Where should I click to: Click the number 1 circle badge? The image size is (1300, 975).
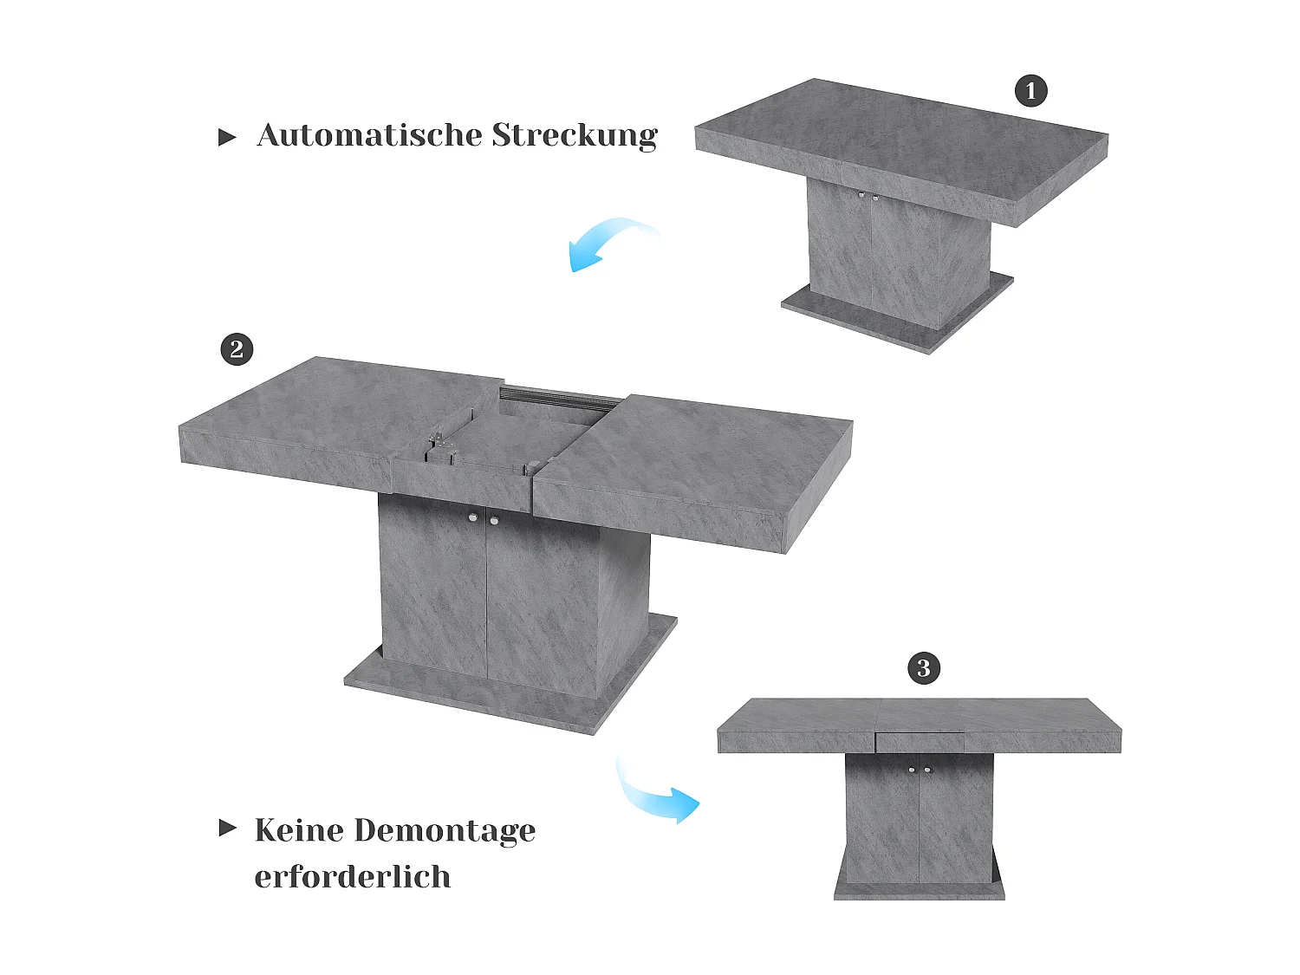click(1030, 90)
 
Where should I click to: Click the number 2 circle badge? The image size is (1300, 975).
click(237, 349)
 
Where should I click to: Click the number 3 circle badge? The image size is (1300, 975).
click(923, 668)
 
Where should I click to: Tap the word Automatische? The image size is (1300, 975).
click(367, 135)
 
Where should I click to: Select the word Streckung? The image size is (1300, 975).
click(575, 136)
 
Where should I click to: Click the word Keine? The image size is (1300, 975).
click(299, 830)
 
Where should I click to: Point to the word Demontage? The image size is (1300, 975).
click(445, 831)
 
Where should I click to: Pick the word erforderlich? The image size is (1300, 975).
click(353, 877)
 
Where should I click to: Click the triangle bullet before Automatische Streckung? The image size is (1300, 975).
click(227, 137)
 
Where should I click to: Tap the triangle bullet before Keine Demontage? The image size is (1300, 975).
click(227, 828)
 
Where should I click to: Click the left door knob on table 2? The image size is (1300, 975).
click(473, 518)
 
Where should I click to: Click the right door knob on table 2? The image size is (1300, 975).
click(493, 520)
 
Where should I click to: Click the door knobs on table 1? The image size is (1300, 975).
click(868, 197)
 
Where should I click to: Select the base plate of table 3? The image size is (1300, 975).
click(919, 891)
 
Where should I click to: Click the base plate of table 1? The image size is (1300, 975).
click(893, 316)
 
